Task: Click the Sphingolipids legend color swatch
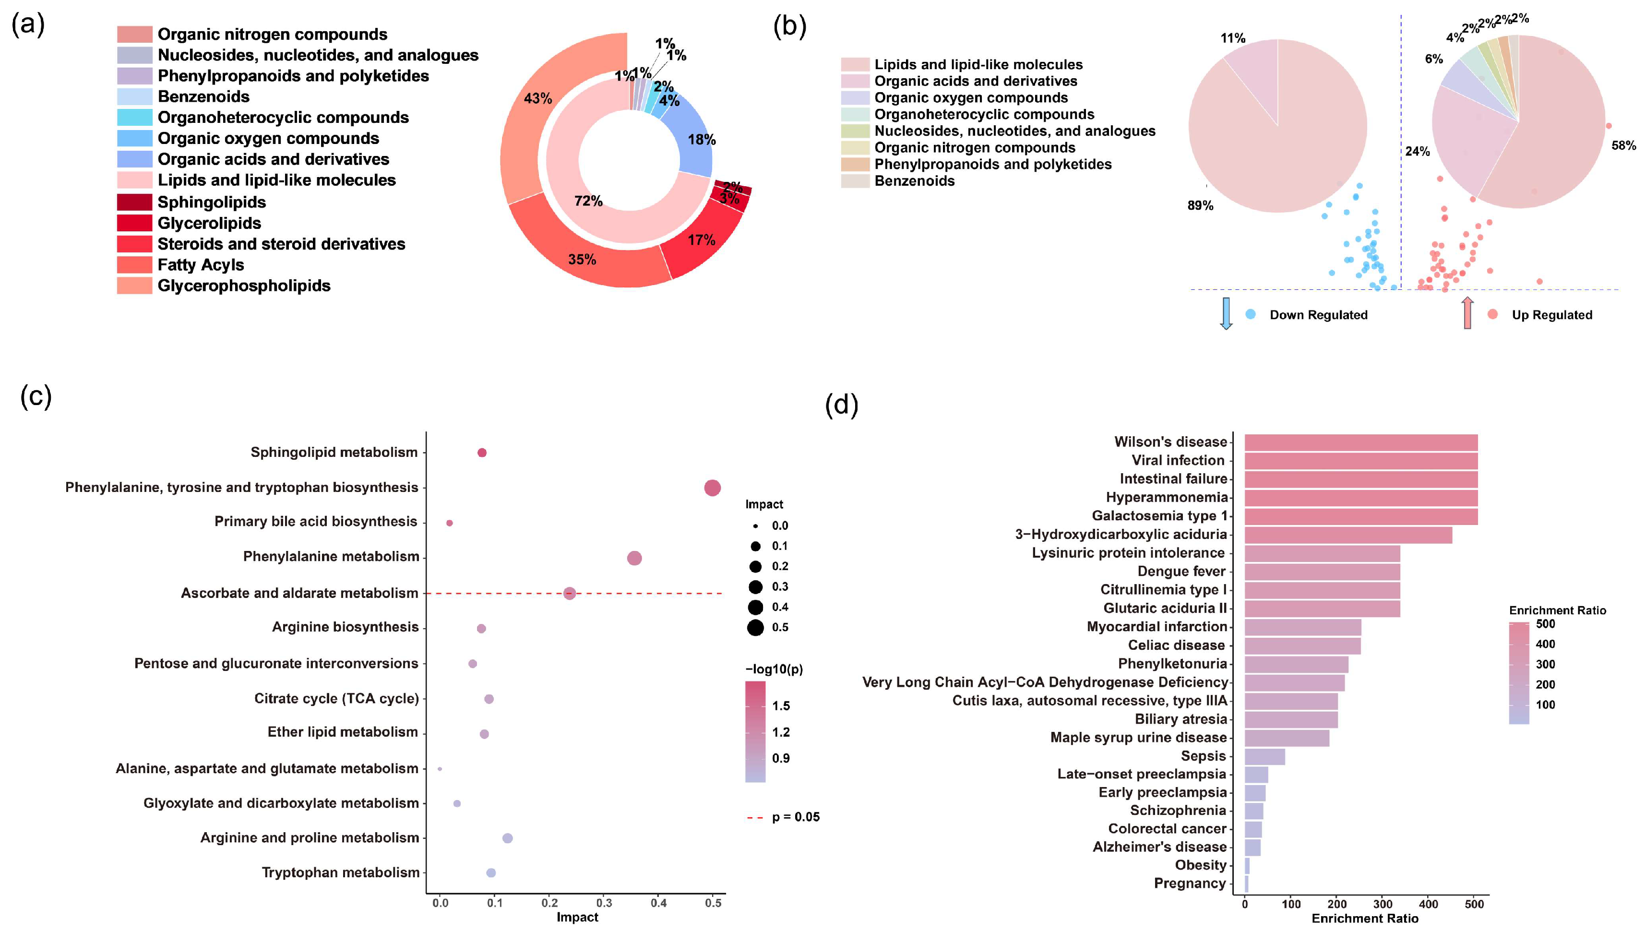pyautogui.click(x=134, y=202)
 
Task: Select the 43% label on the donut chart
pyautogui.click(x=537, y=98)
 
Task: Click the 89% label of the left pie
pyautogui.click(x=1200, y=205)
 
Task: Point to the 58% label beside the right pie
pyautogui.click(x=1623, y=146)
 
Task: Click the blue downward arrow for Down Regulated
pyautogui.click(x=1226, y=314)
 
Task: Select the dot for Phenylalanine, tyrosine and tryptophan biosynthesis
pyautogui.click(x=712, y=488)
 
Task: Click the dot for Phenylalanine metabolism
pyautogui.click(x=634, y=558)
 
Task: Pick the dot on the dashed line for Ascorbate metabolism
pyautogui.click(x=570, y=593)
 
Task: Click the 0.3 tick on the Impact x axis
pyautogui.click(x=604, y=903)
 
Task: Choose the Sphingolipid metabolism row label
pyautogui.click(x=334, y=453)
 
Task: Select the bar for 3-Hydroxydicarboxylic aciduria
pyautogui.click(x=1347, y=535)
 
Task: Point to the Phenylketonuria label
pyautogui.click(x=1172, y=664)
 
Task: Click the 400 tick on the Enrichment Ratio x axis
pyautogui.click(x=1428, y=905)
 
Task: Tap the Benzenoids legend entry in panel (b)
pyautogui.click(x=914, y=181)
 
